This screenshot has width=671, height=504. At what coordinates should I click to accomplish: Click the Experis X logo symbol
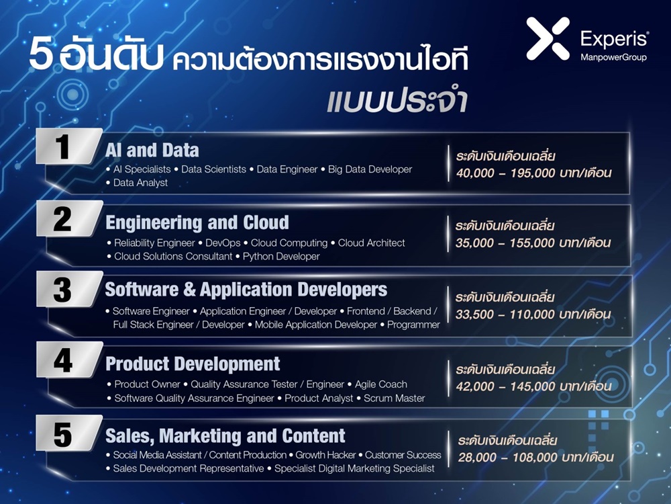[x=548, y=38]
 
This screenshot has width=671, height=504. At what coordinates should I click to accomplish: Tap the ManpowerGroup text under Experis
[x=613, y=57]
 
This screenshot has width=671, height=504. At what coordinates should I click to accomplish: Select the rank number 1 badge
[x=69, y=146]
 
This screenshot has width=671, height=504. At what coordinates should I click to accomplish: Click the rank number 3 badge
[x=69, y=289]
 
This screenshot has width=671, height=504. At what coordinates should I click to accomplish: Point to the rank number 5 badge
[x=69, y=433]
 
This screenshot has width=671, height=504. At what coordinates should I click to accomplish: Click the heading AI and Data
[x=152, y=151]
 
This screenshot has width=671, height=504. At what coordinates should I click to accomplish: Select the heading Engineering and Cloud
[x=197, y=223]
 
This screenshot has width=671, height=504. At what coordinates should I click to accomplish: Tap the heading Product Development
[x=193, y=364]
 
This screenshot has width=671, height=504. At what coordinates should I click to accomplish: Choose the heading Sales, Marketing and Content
[x=225, y=436]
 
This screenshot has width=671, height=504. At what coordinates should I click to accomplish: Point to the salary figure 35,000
[x=474, y=243]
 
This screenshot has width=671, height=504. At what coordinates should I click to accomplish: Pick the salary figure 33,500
[x=474, y=314]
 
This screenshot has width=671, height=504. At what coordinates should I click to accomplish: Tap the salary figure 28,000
[x=477, y=457]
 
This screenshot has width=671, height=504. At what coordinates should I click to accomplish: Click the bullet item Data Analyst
[x=140, y=183]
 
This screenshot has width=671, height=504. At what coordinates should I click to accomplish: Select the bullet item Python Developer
[x=281, y=256]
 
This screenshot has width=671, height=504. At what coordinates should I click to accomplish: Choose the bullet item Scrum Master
[x=394, y=398]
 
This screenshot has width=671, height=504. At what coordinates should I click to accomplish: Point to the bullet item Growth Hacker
[x=325, y=455]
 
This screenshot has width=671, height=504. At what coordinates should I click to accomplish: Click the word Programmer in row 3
[x=413, y=325]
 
